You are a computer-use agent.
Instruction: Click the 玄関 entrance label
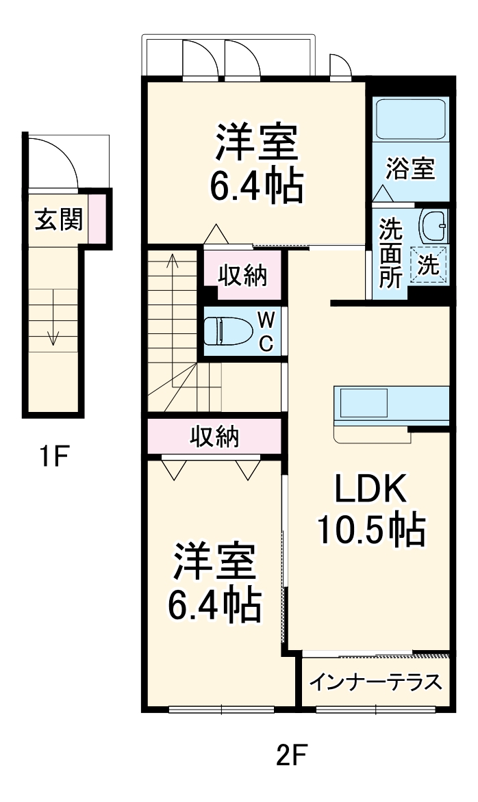point(58,220)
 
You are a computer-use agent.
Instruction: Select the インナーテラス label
point(375,682)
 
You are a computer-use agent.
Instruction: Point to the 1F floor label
point(53,456)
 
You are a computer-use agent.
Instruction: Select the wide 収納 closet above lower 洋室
point(214,436)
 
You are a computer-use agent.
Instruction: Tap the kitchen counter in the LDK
point(391,404)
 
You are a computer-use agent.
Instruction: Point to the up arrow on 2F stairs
point(172,260)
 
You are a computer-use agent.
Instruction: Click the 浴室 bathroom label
point(410,169)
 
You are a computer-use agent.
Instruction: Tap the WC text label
point(266,331)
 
